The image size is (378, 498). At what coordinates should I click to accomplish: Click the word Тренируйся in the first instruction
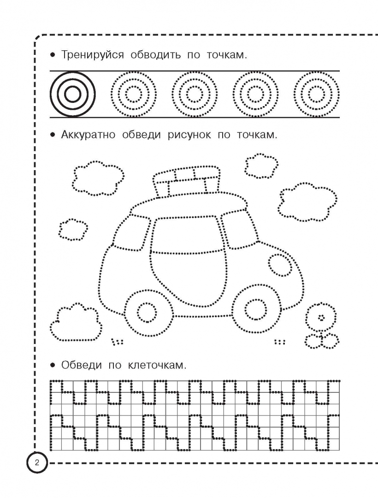tap(92, 55)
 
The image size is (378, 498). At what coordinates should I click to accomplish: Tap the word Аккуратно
tap(88, 135)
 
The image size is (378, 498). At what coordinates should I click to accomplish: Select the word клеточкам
tap(157, 365)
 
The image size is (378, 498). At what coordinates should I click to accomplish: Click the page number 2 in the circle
tap(37, 462)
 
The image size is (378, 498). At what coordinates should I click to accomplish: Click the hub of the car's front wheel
tap(256, 308)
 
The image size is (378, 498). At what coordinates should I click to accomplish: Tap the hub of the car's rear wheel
tap(147, 312)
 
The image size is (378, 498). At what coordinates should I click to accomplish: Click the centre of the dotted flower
tap(321, 317)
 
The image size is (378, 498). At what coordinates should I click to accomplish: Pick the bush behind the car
tap(76, 323)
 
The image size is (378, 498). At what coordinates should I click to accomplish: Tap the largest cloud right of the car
tap(307, 202)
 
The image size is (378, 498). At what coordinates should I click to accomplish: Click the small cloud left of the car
tap(73, 230)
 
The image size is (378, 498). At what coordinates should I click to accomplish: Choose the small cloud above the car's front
tap(261, 166)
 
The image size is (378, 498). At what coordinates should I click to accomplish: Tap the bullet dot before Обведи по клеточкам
tap(53, 365)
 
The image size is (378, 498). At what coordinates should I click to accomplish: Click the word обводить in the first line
tap(156, 55)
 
